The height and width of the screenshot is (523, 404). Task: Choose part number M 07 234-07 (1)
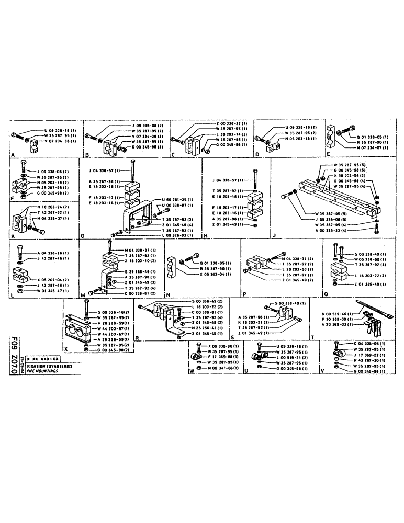(x=372, y=147)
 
